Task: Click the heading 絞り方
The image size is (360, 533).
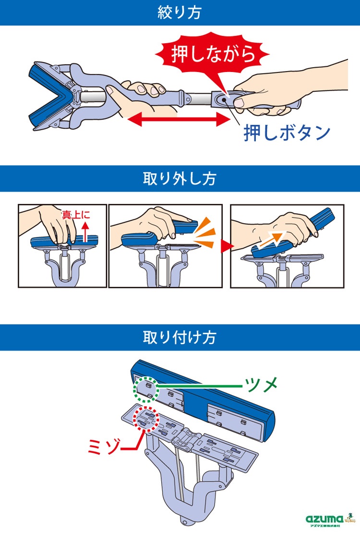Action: click(180, 12)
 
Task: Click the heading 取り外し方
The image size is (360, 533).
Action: click(180, 179)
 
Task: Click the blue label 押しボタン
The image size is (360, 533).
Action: click(287, 133)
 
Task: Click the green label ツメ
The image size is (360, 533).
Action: click(261, 384)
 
